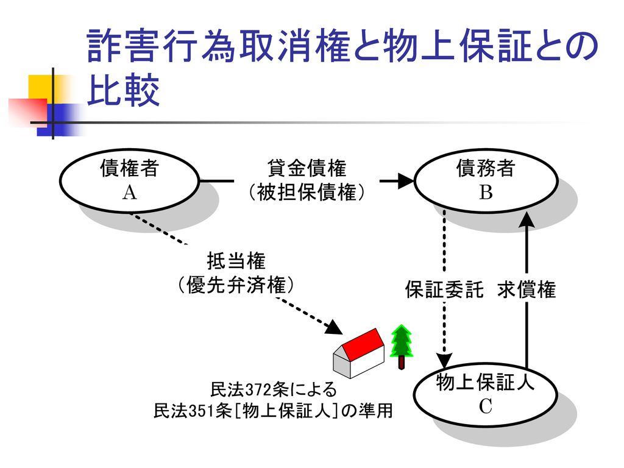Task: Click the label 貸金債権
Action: tap(307, 168)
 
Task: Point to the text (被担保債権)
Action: tap(307, 193)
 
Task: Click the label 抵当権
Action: tap(236, 261)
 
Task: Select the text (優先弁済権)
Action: tap(236, 285)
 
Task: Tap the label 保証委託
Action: tap(444, 289)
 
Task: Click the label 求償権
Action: tap(526, 289)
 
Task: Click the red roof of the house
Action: tap(363, 344)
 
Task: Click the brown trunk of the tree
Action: tap(402, 363)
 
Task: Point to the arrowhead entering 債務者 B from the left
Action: tap(406, 180)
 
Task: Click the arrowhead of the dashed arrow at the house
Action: tap(335, 327)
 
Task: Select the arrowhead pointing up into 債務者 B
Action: tap(527, 220)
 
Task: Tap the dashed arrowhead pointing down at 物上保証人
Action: tap(444, 360)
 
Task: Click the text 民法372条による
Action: tap(274, 389)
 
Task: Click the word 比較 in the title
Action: tap(123, 90)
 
